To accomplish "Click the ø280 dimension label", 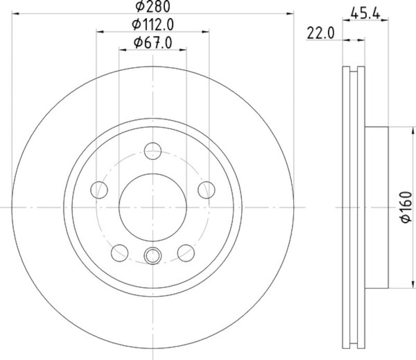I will [x=153, y=6].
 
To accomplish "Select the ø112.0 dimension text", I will [x=153, y=24].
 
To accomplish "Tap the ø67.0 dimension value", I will [x=153, y=43].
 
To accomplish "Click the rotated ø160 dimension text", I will [x=406, y=208].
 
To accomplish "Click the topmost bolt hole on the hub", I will [x=153, y=151].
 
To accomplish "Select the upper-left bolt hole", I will [x=99, y=189].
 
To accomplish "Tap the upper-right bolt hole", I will [x=207, y=189].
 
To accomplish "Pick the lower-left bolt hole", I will [x=120, y=252].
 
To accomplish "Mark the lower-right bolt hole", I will [x=186, y=252].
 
